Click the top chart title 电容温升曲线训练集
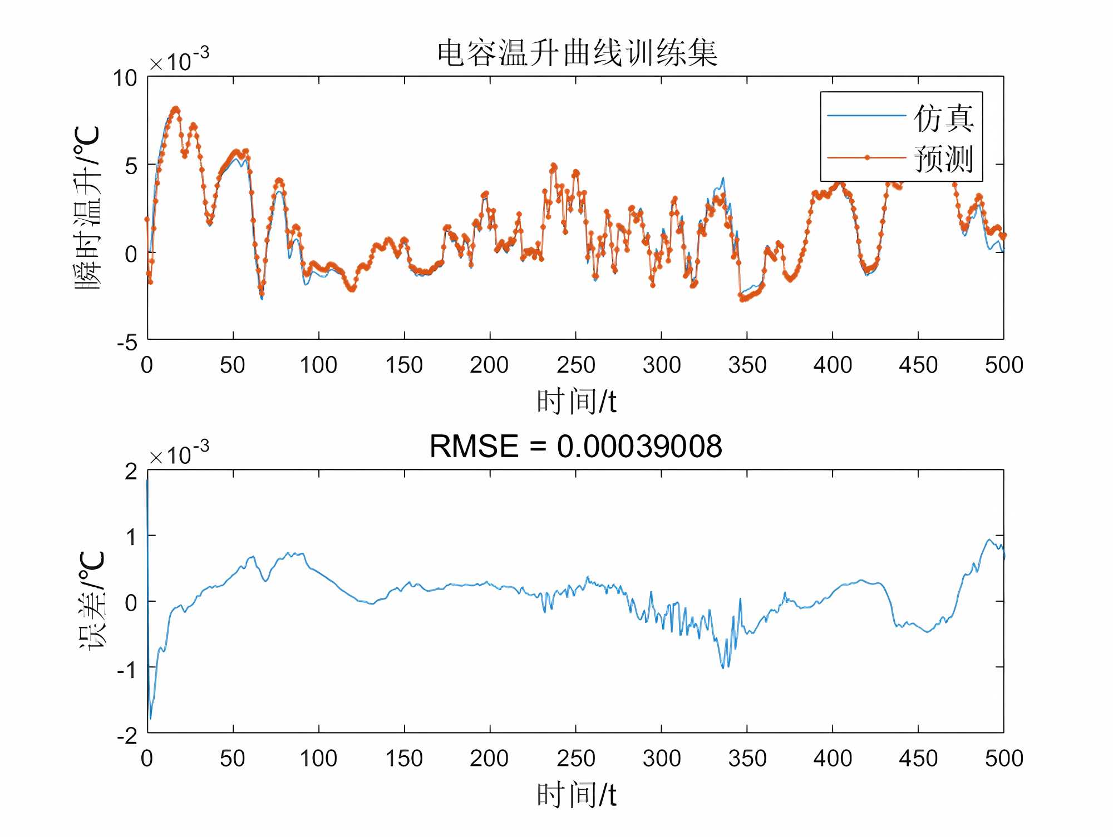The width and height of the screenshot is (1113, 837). [577, 54]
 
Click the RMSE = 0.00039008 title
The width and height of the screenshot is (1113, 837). [575, 447]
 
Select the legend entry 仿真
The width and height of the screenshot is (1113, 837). [943, 118]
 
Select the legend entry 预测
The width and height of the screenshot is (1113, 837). [943, 159]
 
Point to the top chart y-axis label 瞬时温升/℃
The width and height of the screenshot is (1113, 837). [88, 207]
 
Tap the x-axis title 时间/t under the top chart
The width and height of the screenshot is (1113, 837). [577, 402]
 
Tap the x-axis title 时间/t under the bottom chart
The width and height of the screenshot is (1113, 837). [577, 795]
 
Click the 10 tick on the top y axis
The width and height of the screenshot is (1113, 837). [125, 78]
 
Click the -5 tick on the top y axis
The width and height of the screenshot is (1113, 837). [127, 341]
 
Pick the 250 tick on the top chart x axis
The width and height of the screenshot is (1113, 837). [575, 365]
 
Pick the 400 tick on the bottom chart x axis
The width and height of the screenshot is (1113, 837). [833, 759]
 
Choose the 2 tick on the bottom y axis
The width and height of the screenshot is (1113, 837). [131, 472]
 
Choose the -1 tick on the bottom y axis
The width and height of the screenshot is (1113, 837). [127, 669]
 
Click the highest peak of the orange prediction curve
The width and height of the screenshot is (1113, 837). [176, 109]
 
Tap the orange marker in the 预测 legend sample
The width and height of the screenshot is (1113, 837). [867, 158]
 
